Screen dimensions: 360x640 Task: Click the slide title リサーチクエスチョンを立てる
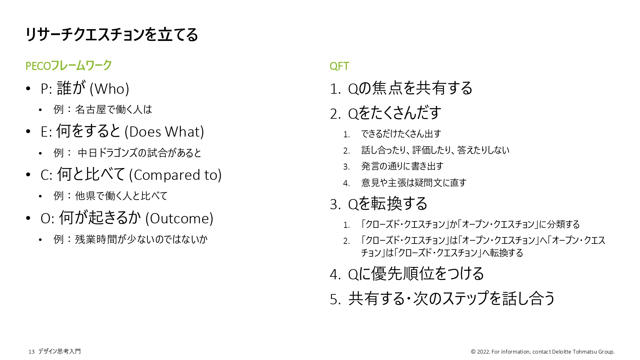[112, 35]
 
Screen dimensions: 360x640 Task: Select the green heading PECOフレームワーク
[68, 66]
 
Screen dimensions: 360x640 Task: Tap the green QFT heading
[339, 66]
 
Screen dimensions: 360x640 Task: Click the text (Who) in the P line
[109, 89]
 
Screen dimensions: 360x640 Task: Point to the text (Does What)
[164, 132]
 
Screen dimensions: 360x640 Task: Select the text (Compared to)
[175, 175]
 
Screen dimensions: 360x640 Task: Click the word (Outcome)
[179, 219]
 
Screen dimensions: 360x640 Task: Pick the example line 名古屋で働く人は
[114, 110]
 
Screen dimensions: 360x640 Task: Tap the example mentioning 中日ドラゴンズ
[139, 153]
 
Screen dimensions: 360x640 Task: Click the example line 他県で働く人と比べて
[121, 196]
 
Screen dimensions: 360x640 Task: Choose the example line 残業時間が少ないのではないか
[141, 239]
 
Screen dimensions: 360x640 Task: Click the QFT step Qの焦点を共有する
[410, 89]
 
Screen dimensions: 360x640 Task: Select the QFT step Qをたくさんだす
[395, 113]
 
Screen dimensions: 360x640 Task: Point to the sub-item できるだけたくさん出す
[401, 134]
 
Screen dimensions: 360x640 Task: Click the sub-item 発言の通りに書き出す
[402, 166]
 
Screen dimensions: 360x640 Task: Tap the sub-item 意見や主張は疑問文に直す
[414, 183]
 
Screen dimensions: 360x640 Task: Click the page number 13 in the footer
[31, 352]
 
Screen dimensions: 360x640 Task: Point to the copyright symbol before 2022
[473, 352]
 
